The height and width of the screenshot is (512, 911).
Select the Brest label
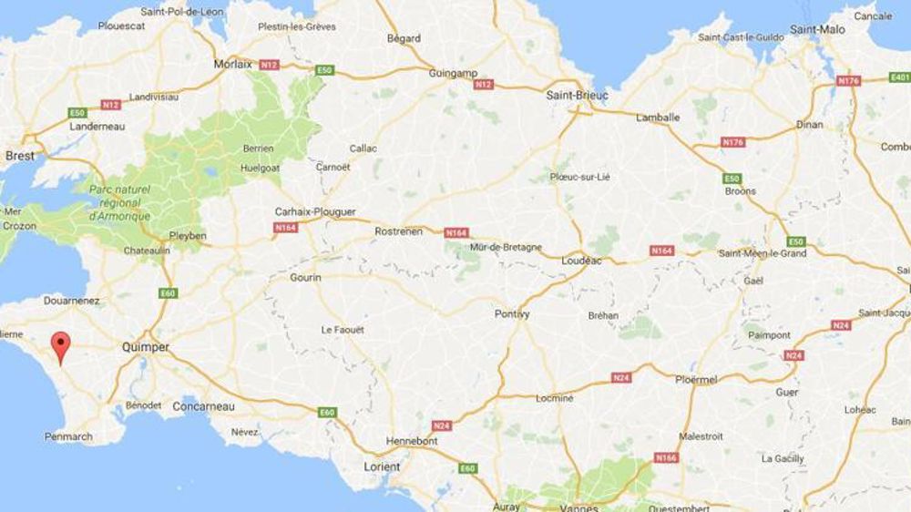(x=20, y=156)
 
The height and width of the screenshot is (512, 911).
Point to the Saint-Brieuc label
(x=577, y=95)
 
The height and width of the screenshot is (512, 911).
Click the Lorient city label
(x=382, y=466)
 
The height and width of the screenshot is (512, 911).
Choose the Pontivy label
(x=512, y=313)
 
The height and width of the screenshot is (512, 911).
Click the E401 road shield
(x=899, y=78)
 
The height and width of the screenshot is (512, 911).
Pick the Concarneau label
(x=203, y=405)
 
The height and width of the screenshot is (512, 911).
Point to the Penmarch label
(x=68, y=436)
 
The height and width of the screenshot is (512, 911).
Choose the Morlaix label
(x=232, y=64)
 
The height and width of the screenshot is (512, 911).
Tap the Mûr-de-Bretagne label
(x=506, y=247)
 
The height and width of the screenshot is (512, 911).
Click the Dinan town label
(x=809, y=125)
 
